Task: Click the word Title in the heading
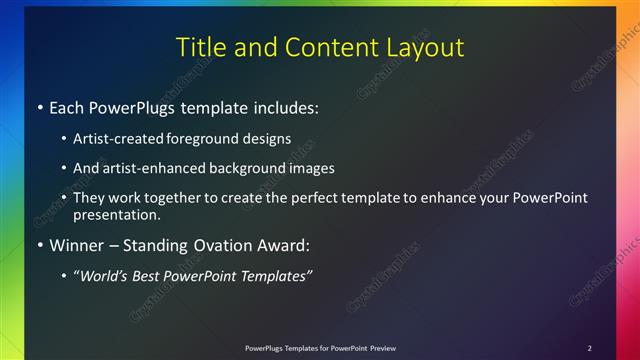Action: (x=200, y=47)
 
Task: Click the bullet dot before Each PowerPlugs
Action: (x=38, y=106)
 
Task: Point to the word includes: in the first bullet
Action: (x=282, y=106)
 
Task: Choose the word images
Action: (x=308, y=168)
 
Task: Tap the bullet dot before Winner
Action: (x=38, y=245)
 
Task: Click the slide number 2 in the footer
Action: (x=590, y=348)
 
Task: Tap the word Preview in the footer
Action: (x=383, y=348)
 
